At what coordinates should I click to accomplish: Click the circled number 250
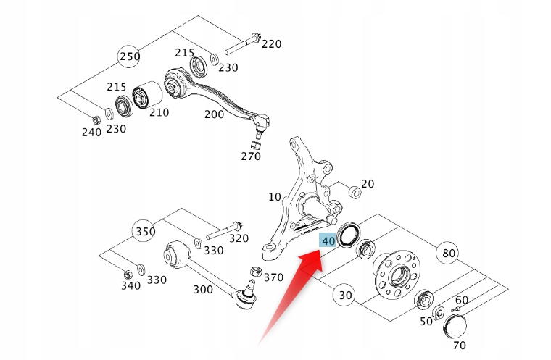pyautogui.click(x=129, y=56)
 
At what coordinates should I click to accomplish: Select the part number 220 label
pyautogui.click(x=271, y=44)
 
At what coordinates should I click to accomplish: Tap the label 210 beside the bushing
pyautogui.click(x=158, y=112)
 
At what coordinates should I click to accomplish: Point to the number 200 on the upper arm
pyautogui.click(x=214, y=114)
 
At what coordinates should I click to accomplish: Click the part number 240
pyautogui.click(x=91, y=132)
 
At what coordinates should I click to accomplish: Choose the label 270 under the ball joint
pyautogui.click(x=250, y=156)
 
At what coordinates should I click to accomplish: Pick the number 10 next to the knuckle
pyautogui.click(x=274, y=196)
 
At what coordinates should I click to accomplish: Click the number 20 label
pyautogui.click(x=368, y=184)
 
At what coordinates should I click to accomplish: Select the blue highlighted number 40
pyautogui.click(x=328, y=240)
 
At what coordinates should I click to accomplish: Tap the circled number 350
pyautogui.click(x=144, y=232)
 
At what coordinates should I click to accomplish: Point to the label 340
pyautogui.click(x=130, y=286)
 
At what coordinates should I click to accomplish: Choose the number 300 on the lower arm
pyautogui.click(x=203, y=290)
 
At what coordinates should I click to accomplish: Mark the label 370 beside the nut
pyautogui.click(x=273, y=277)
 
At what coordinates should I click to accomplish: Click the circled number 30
pyautogui.click(x=345, y=295)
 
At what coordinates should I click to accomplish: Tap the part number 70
pyautogui.click(x=459, y=345)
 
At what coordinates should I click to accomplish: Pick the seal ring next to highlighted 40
pyautogui.click(x=349, y=234)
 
